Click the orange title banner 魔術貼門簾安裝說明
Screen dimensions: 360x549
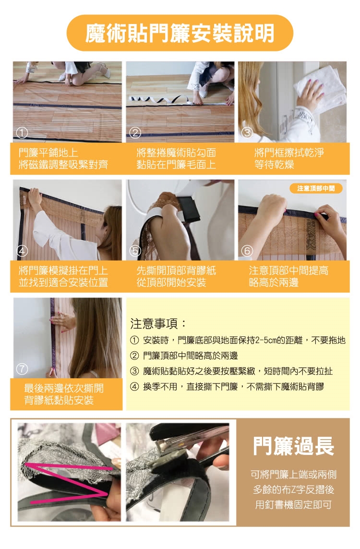point(180,33)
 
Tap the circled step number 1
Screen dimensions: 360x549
point(22,132)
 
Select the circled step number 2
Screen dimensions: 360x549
point(135,132)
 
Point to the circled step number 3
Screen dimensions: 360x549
point(247,132)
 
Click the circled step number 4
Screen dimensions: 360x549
point(22,251)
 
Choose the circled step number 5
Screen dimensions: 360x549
point(135,251)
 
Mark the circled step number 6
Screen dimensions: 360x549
point(247,251)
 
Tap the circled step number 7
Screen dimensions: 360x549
point(22,369)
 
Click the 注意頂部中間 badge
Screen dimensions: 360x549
point(316,189)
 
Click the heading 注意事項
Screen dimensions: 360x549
point(158,323)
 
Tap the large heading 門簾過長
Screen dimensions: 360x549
point(293,446)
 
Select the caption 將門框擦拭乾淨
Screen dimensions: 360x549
point(289,152)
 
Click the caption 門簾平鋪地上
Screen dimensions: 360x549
point(48,152)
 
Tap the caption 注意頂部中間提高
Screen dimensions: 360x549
point(288,270)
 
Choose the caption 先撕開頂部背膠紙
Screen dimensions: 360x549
point(176,270)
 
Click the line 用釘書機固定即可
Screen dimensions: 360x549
point(293,504)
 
